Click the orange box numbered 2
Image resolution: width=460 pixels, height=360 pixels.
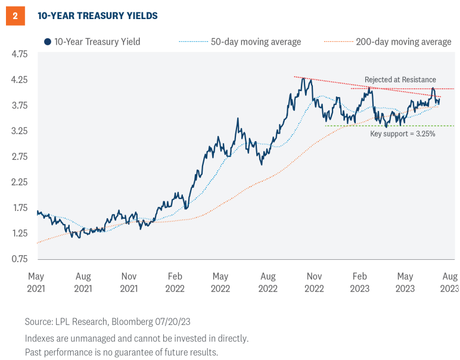[14, 16]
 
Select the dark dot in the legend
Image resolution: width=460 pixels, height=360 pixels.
[46, 42]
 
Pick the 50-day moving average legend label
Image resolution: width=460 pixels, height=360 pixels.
[256, 42]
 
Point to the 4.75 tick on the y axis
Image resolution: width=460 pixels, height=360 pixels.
[20, 54]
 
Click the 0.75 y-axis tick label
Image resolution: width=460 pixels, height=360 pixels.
[20, 259]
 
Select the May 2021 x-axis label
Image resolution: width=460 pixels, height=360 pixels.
[37, 282]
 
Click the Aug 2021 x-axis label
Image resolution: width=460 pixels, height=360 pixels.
[83, 282]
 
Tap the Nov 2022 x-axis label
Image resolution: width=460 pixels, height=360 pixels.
[313, 282]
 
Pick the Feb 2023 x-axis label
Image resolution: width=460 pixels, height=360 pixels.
[359, 282]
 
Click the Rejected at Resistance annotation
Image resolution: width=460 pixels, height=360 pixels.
[400, 80]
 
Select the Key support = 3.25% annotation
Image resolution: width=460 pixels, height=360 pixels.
[403, 134]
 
